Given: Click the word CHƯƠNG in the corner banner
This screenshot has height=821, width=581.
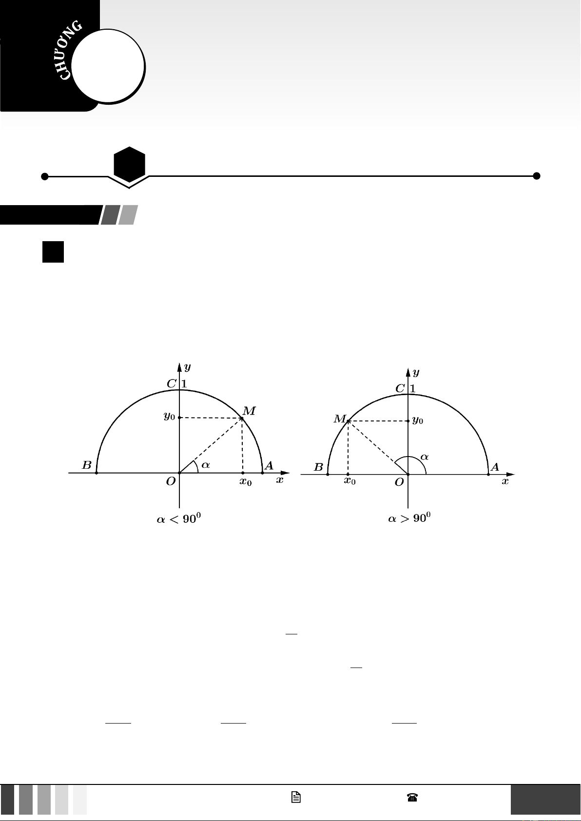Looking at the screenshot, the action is [70, 50].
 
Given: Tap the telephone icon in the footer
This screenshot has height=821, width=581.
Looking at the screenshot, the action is [412, 797].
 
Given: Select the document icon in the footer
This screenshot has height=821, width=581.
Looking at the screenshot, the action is [296, 797].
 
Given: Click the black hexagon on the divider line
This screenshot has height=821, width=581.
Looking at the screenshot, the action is [129, 165].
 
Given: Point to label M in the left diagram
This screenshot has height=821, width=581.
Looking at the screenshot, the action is [249, 411].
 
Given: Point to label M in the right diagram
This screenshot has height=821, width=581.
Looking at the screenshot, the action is [340, 419].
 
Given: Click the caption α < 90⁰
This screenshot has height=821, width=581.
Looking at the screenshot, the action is [178, 518].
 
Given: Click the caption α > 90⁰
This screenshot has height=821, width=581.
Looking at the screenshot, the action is [409, 518].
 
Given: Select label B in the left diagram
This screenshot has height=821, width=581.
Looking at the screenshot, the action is [86, 465].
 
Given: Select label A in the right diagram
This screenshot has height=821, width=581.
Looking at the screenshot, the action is [495, 467].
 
